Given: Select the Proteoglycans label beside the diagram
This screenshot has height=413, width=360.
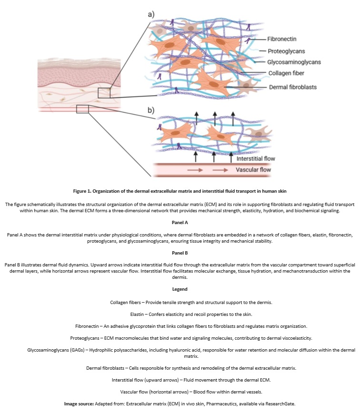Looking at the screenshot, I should click(x=286, y=51).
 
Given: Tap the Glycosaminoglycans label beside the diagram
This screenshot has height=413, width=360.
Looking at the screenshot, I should click(x=294, y=62).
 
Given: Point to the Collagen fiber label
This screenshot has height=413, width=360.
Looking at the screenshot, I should click(x=286, y=73).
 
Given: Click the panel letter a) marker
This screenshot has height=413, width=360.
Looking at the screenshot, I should click(x=151, y=14).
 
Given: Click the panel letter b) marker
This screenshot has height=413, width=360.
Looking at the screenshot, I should click(x=151, y=110).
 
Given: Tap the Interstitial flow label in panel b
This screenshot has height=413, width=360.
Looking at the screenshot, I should click(x=256, y=158).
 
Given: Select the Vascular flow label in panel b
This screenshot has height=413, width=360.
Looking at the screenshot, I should click(x=255, y=169).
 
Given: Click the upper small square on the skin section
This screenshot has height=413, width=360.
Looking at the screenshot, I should click(x=104, y=93).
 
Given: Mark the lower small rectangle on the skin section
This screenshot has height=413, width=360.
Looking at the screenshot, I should click(x=82, y=109).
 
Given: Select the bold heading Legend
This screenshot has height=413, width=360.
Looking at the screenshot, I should click(x=180, y=289).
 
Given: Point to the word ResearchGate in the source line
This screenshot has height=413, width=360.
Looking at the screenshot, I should click(x=281, y=403).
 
